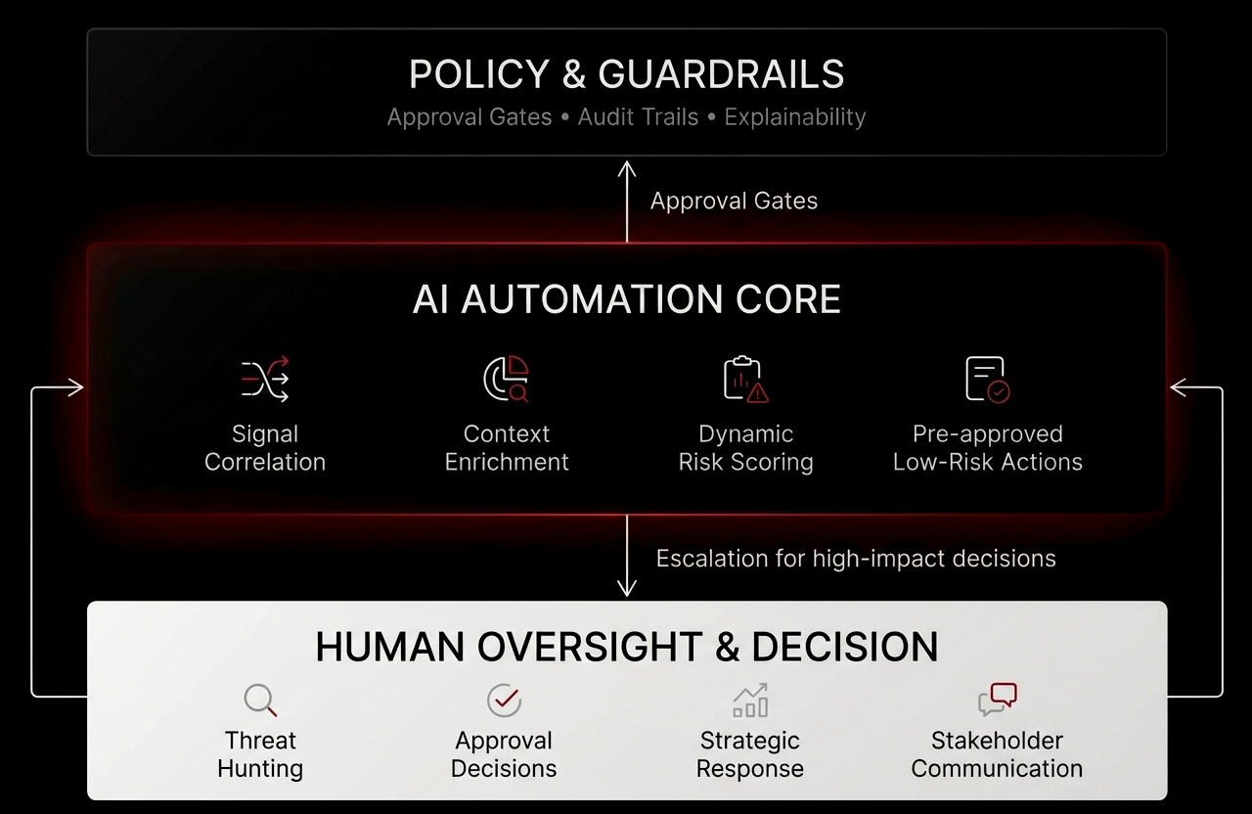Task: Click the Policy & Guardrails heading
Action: (x=626, y=75)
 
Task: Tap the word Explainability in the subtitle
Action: (x=794, y=117)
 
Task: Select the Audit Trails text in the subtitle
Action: (x=638, y=117)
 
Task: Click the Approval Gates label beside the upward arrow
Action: (x=734, y=201)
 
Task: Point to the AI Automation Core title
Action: (x=626, y=299)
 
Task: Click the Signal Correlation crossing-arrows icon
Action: (x=265, y=380)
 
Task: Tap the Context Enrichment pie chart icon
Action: (x=507, y=380)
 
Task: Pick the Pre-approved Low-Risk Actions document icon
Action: (x=987, y=380)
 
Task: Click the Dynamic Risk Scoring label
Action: (x=745, y=448)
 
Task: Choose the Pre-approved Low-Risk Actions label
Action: (x=987, y=448)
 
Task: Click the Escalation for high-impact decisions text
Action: (x=856, y=559)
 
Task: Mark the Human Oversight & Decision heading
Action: (x=626, y=648)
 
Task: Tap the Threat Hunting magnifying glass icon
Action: (x=260, y=701)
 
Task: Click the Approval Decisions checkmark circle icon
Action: (x=504, y=701)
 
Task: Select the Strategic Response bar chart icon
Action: (x=750, y=701)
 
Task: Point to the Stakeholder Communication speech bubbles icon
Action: (x=998, y=701)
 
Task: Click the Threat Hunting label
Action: (x=260, y=754)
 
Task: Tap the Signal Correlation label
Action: (x=265, y=448)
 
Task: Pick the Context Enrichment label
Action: (x=507, y=448)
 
